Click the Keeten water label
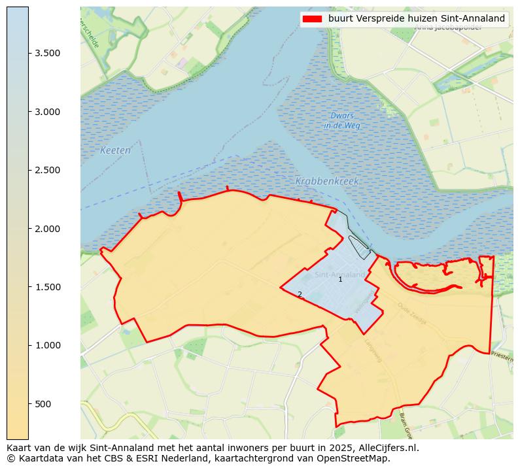[x=115, y=150]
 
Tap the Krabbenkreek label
[x=327, y=182]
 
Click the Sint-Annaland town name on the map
[x=340, y=275]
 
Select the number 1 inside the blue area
[x=340, y=280]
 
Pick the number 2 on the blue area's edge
[x=300, y=295]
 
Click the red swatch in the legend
[x=313, y=19]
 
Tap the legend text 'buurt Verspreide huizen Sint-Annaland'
[x=417, y=19]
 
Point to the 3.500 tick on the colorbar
[x=48, y=54]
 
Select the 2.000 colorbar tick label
[x=48, y=229]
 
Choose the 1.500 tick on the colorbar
[x=48, y=287]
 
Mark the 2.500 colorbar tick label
[x=48, y=170]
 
